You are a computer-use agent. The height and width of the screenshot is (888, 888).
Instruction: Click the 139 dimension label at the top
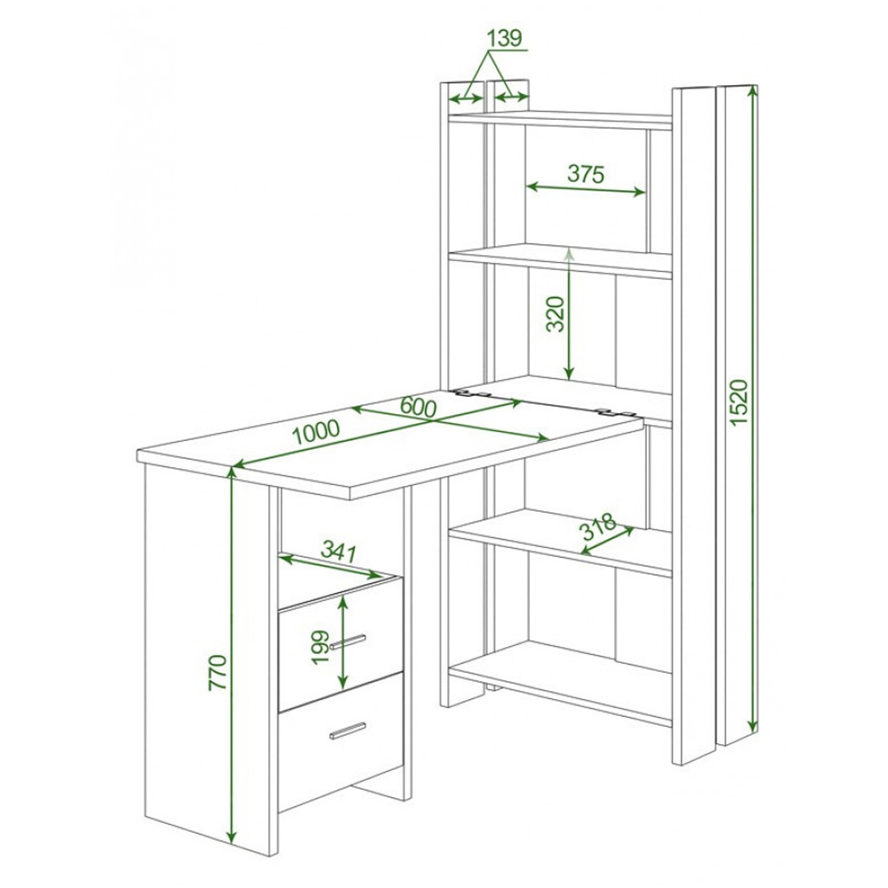[x=504, y=38]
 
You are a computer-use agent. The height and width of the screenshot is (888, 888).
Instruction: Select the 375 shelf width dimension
[x=585, y=174]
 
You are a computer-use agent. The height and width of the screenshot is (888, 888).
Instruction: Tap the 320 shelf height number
[x=555, y=314]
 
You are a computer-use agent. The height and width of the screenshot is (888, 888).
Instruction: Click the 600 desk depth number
[x=418, y=407]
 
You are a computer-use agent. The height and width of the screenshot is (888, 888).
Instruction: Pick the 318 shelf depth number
[x=599, y=526]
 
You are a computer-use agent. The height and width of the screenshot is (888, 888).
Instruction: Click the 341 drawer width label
[x=339, y=552]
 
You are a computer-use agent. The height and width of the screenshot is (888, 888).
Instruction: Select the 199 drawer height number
[x=320, y=648]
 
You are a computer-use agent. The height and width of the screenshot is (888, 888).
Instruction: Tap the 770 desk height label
[x=218, y=672]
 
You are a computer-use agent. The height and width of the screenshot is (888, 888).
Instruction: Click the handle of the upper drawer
[x=348, y=641]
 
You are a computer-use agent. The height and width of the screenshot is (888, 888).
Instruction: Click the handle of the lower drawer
[x=348, y=731]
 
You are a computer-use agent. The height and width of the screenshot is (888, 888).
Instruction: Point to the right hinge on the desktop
[x=614, y=412]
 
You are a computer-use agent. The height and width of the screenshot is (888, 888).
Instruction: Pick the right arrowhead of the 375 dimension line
[x=639, y=192]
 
